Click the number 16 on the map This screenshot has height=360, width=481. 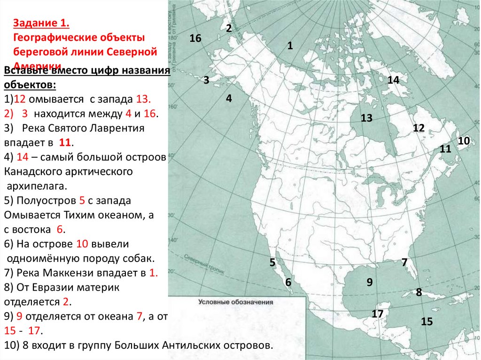[x=195, y=38]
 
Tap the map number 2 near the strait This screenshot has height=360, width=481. [x=229, y=28]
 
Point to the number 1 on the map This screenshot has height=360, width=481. [x=290, y=46]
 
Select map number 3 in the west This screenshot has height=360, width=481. [x=206, y=80]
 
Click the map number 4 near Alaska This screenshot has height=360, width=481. [x=229, y=98]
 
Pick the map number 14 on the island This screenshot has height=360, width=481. [x=393, y=80]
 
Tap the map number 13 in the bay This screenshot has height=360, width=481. [x=366, y=118]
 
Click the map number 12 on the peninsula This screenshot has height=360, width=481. [x=419, y=128]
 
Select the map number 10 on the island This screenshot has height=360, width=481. [x=464, y=140]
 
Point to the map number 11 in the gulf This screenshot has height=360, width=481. [x=445, y=149]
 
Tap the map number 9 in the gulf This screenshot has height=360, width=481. [x=370, y=282]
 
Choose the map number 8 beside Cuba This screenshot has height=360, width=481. [x=419, y=292]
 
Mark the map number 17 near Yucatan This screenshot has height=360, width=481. [x=378, y=314]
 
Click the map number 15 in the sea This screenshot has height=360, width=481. [x=427, y=322]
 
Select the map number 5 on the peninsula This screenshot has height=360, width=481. [x=272, y=262]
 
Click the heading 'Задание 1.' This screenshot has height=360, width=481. [x=41, y=23]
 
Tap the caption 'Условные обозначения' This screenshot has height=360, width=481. [x=235, y=303]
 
